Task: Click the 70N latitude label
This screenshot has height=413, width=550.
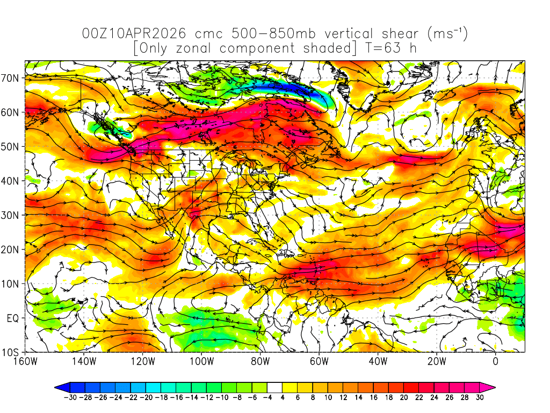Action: pos(12,78)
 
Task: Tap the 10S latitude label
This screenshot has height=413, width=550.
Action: pos(12,353)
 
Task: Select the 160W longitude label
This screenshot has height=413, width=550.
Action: pos(25,361)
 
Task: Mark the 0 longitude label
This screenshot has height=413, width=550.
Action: pos(495,361)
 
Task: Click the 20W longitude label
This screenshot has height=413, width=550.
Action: pos(437,361)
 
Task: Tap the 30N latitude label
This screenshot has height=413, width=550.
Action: pos(12,215)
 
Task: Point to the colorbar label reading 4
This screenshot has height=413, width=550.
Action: pos(282,398)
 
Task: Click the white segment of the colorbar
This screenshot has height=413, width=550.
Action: pos(274,387)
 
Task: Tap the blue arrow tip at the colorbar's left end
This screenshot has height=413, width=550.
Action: pos(59,387)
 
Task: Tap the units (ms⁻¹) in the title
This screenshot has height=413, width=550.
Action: pos(447,34)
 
